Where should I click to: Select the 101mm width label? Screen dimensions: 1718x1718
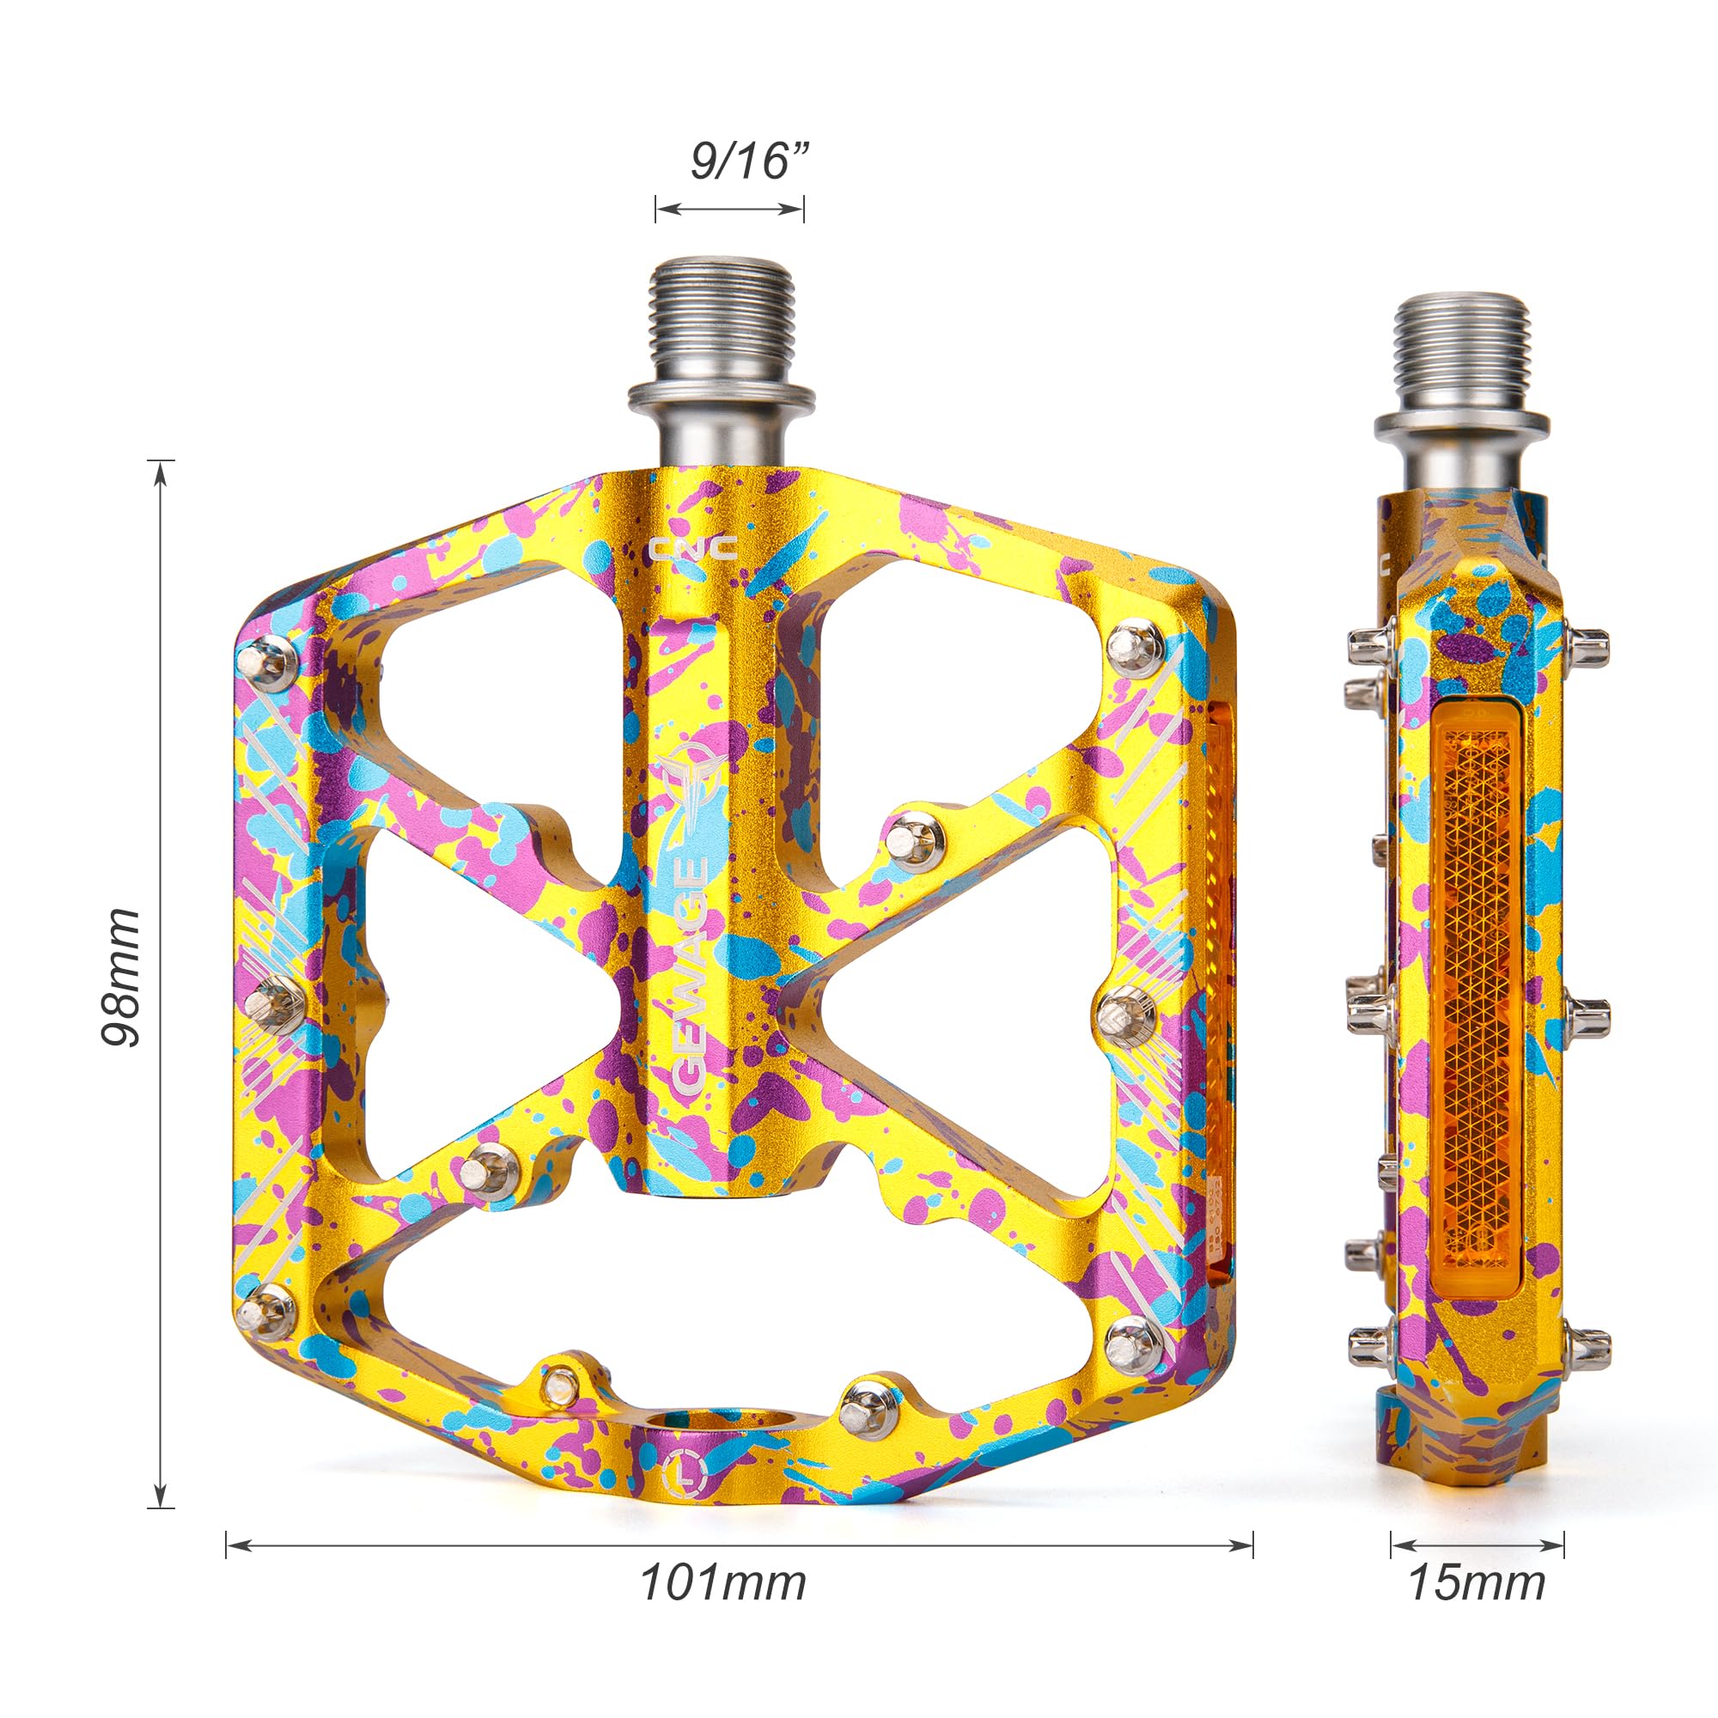click(723, 1607)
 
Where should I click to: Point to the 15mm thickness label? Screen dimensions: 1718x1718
click(1477, 1607)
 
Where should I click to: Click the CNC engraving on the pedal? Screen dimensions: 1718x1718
click(692, 548)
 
